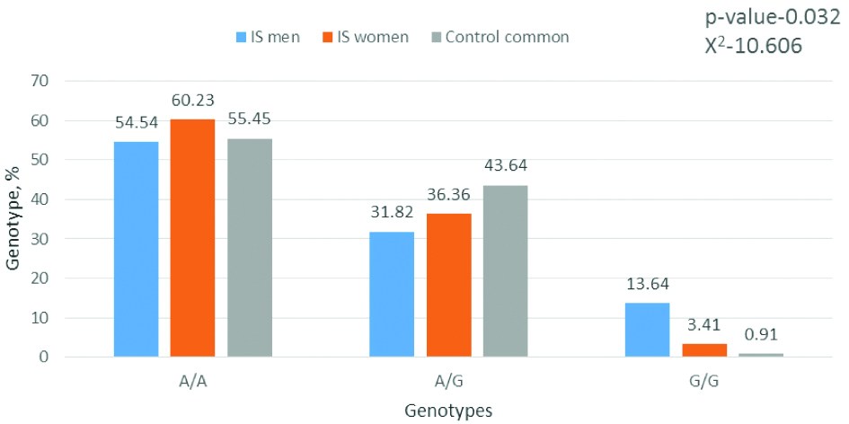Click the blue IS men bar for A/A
pos(137,250)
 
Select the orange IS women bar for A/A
pos(192,238)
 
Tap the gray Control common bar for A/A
pos(249,248)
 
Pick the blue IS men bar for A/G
pos(392,295)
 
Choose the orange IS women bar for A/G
pos(448,286)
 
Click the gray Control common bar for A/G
pos(505,271)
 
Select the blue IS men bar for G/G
pos(648,330)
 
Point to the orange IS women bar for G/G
pos(704,349)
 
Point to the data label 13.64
pos(648,287)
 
